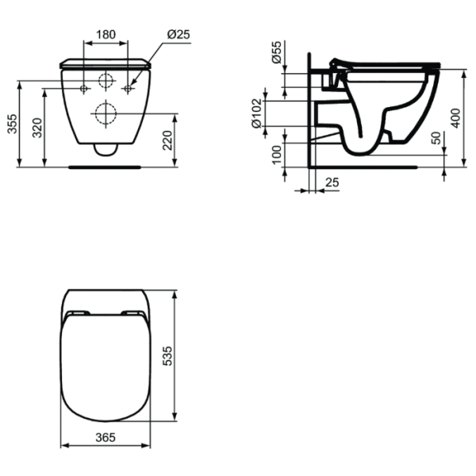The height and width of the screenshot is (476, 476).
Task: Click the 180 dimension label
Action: pyautogui.click(x=106, y=34)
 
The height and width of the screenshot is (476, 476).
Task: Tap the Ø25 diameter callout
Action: pyautogui.click(x=178, y=34)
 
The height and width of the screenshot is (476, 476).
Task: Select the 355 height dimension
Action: pyautogui.click(x=11, y=123)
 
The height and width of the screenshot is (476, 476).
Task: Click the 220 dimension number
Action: pyautogui.click(x=167, y=140)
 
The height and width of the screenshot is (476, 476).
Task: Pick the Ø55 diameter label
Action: pyautogui.click(x=276, y=54)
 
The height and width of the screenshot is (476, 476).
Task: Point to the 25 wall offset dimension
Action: pyautogui.click(x=332, y=183)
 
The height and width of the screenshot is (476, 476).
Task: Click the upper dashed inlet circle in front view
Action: pyautogui.click(x=105, y=80)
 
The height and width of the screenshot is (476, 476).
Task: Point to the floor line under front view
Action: pyautogui.click(x=105, y=167)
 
